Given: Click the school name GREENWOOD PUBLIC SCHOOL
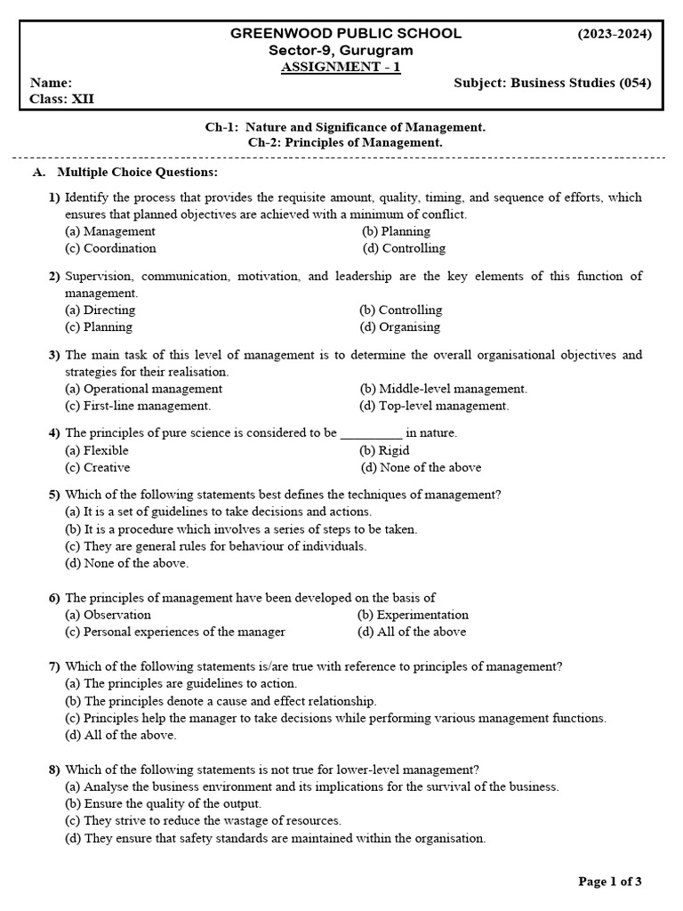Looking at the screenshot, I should coord(346,34).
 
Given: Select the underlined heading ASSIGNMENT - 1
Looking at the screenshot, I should coord(341,68).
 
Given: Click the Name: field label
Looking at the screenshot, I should coord(51,84).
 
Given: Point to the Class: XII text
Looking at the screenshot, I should coord(61,100).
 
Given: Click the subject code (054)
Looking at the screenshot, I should coord(634,84).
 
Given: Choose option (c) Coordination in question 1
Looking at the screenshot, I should coord(110,248).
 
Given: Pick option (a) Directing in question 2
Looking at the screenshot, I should coord(100,310).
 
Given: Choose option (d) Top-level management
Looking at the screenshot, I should coord(434,406).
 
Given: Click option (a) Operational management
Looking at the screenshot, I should coord(143,389).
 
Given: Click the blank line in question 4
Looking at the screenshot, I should coord(371,434).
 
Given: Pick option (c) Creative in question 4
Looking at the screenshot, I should coord(98,467).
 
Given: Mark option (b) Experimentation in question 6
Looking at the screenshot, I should coord(413,615).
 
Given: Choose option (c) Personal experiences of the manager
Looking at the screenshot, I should coord(175,632).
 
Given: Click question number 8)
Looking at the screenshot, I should coord(54,770).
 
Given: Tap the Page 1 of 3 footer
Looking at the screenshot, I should coord(610,882).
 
